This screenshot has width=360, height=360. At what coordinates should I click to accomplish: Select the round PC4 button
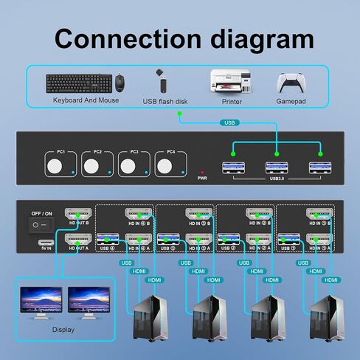pos(164,165)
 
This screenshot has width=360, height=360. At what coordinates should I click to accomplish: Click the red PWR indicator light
pos(202,170)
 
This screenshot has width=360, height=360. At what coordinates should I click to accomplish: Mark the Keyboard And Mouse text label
pos(86,100)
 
